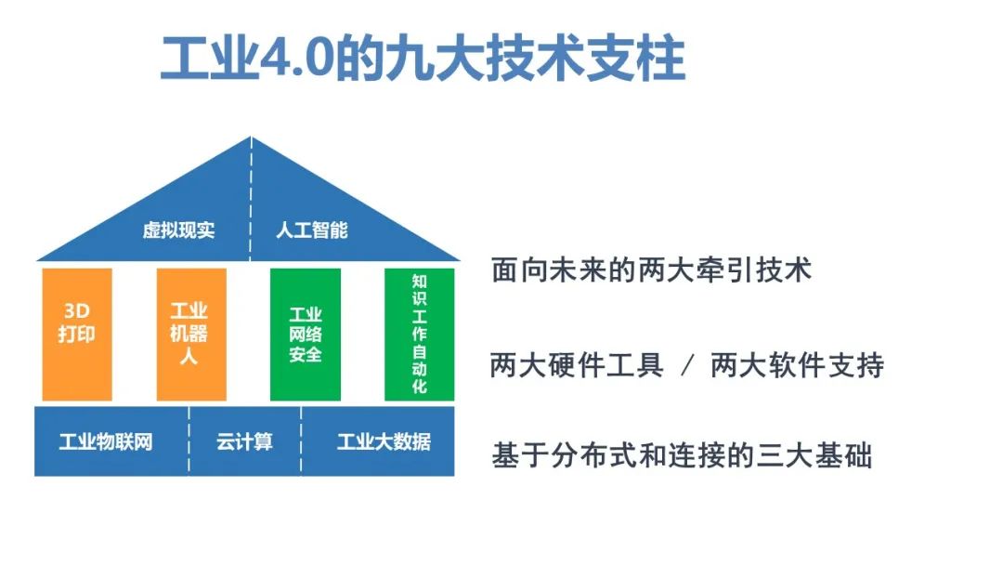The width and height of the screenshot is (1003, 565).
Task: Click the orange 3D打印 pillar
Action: point(77,335)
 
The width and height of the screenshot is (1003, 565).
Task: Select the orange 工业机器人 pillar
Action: point(191,335)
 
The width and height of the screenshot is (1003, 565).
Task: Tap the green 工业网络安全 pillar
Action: point(306,335)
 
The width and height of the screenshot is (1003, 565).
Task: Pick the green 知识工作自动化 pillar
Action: point(420,335)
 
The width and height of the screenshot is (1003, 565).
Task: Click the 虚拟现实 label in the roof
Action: point(178,230)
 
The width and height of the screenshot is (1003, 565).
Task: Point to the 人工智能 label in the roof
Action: point(312,230)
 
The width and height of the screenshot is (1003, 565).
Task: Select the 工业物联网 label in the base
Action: point(106,441)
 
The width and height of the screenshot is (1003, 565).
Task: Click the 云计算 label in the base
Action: point(244,441)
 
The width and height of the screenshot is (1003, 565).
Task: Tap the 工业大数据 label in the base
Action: point(384,441)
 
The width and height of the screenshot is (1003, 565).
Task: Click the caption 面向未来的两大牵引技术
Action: point(651,270)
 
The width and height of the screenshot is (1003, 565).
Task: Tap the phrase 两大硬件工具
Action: point(577,365)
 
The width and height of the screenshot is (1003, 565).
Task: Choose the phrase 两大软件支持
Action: point(797,365)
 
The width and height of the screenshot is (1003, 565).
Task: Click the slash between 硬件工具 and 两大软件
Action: point(687,366)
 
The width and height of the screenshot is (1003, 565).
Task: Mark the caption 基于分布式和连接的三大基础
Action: point(682,456)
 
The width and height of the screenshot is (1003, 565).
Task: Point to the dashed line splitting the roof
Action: point(252,198)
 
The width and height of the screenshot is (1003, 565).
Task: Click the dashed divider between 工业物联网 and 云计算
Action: point(189,440)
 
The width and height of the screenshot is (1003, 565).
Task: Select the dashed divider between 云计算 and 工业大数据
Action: point(301,440)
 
